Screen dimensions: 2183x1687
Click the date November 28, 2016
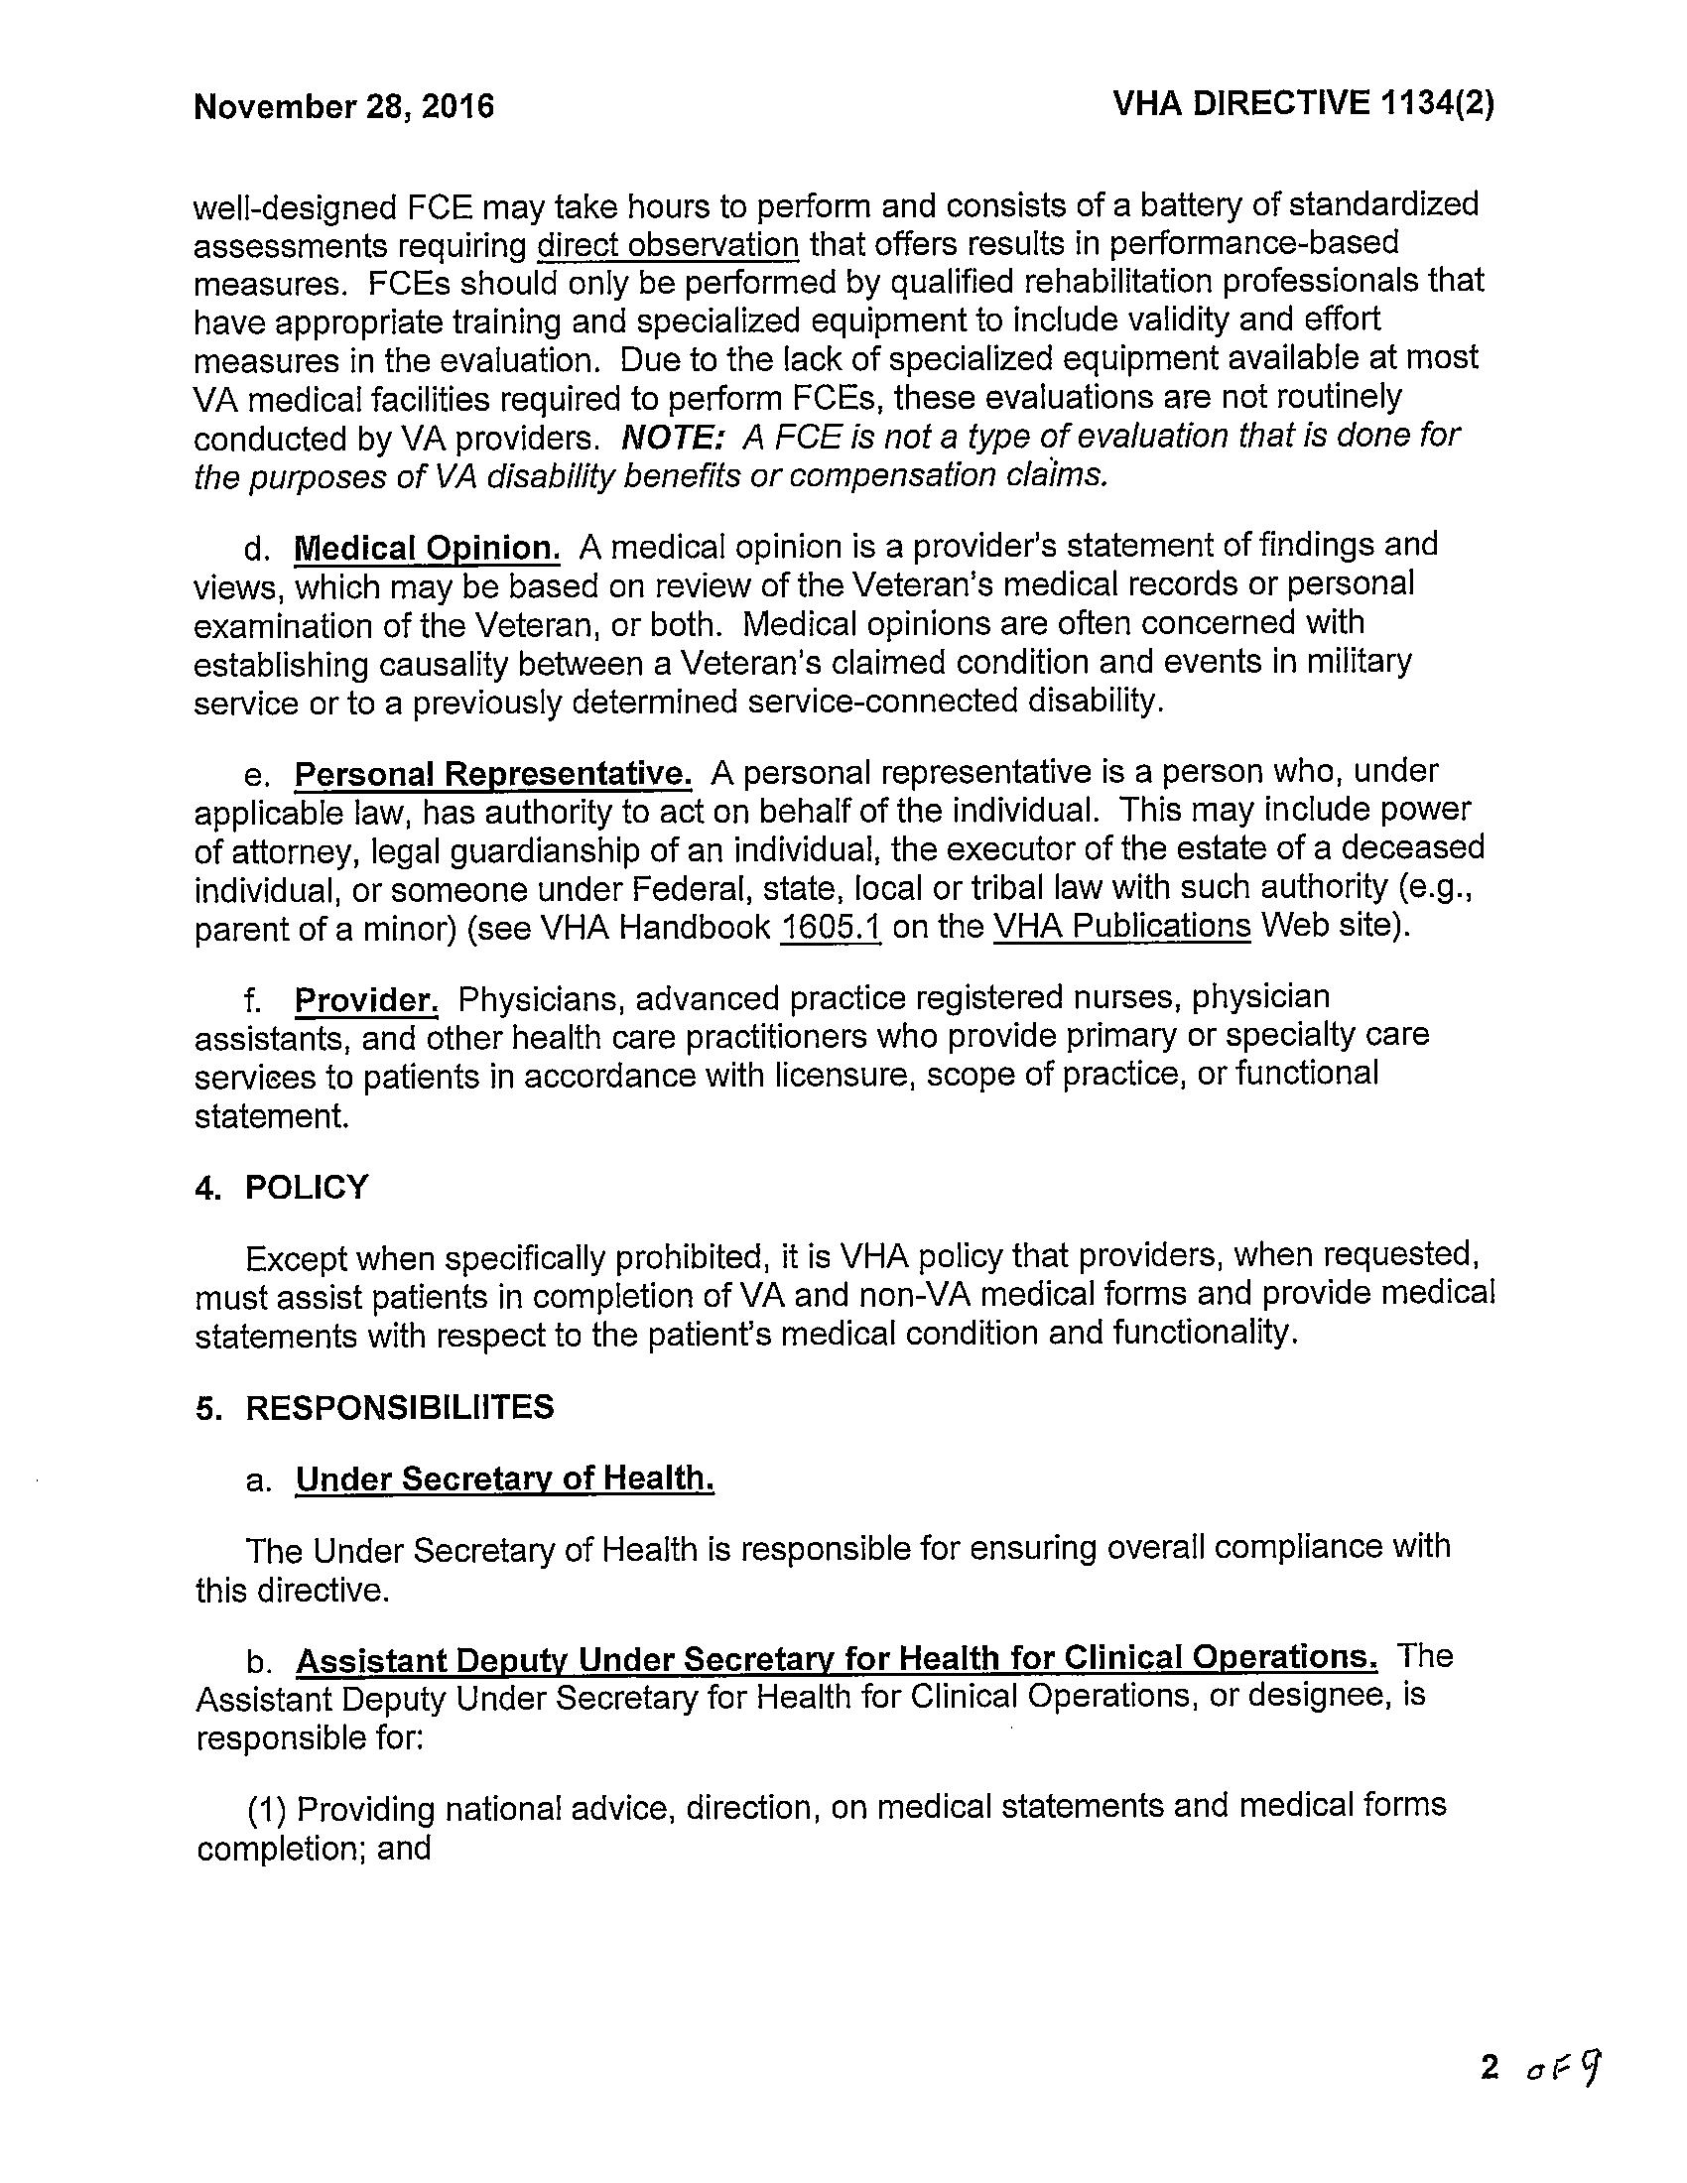[343, 107]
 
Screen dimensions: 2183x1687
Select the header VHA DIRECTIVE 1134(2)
[1303, 104]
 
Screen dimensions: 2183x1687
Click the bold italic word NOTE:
[672, 437]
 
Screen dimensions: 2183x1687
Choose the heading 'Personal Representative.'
[493, 774]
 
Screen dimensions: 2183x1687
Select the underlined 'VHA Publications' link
[1121, 927]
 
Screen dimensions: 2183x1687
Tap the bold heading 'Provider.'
[366, 999]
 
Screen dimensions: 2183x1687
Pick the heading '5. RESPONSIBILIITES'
[374, 1407]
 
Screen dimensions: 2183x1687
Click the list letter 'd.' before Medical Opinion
[257, 549]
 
